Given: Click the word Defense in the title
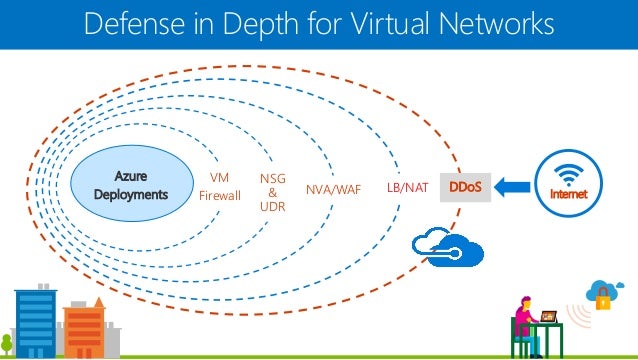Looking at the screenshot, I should pos(124,23).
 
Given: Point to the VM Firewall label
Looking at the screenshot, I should pos(220,187).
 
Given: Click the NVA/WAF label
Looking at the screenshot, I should pos(333,188).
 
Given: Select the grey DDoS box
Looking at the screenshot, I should pos(464,187).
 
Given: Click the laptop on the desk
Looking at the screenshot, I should pos(550,318).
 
